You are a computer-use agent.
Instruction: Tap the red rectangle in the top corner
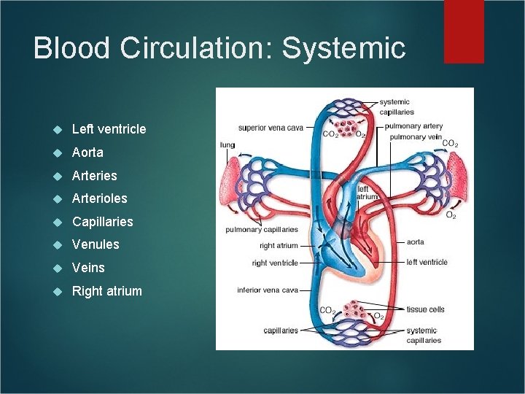[x=464, y=31]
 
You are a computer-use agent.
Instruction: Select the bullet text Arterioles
[x=99, y=198]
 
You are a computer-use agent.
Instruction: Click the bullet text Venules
[x=96, y=244]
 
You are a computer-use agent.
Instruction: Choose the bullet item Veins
[x=88, y=268]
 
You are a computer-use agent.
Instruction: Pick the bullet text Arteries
[x=94, y=175]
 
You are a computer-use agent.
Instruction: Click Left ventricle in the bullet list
[x=109, y=129]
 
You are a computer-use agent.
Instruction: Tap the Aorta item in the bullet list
[x=87, y=152]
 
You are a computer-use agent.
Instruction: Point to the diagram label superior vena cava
[x=271, y=128]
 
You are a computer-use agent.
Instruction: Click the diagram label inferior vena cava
[x=268, y=290]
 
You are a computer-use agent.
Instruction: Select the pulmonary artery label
[x=413, y=126]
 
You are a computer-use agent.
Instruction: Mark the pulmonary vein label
[x=415, y=136]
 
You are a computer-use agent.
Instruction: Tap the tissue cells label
[x=425, y=309]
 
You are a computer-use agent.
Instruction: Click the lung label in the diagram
[x=227, y=144]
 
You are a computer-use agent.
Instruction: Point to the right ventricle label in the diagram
[x=275, y=263]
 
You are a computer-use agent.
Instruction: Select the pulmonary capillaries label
[x=262, y=230]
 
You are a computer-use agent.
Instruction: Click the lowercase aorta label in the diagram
[x=415, y=242]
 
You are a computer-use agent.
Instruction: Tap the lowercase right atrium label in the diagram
[x=279, y=246]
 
